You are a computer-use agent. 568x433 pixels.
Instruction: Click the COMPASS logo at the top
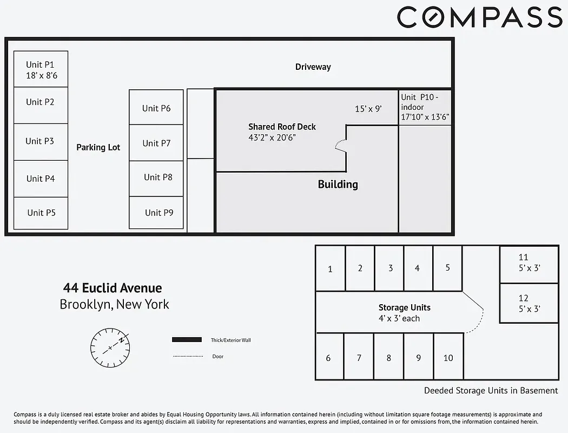(480, 17)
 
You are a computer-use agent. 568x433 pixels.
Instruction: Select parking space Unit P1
(41, 69)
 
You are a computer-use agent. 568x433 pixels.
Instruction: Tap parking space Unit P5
(41, 213)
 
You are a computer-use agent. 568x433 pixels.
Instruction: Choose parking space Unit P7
(156, 143)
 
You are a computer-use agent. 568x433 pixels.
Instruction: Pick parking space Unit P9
(156, 212)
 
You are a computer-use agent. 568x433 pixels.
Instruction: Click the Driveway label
(313, 67)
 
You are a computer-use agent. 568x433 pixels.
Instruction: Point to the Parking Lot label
(98, 147)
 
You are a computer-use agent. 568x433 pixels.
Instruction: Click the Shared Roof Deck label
(282, 127)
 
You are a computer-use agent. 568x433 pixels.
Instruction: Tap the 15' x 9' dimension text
(368, 109)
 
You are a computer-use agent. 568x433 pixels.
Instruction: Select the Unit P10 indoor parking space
(425, 107)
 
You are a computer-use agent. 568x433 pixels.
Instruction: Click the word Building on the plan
(338, 185)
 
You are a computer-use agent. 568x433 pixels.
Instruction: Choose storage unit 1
(330, 269)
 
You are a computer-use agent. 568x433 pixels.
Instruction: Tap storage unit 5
(447, 268)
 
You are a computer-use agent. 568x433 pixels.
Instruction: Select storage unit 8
(388, 358)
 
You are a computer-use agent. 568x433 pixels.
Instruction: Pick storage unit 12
(529, 304)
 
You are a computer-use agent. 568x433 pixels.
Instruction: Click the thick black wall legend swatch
(187, 340)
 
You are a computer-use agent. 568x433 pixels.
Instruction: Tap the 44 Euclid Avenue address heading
(113, 288)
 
